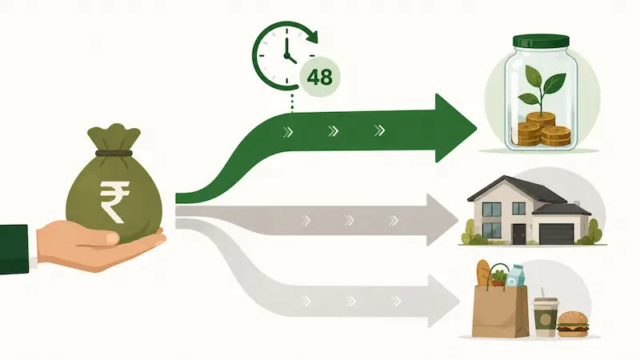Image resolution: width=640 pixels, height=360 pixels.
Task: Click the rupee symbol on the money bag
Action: pyautogui.click(x=114, y=202)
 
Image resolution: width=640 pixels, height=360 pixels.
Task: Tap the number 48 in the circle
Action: pyautogui.click(x=319, y=77)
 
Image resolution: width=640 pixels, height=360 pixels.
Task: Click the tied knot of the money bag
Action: pyautogui.click(x=114, y=153)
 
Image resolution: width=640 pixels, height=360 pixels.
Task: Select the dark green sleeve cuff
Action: pyautogui.click(x=14, y=249)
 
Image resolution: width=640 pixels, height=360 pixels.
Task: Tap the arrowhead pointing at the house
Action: pyautogui.click(x=442, y=220)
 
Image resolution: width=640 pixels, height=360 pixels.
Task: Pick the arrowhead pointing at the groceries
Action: pyautogui.click(x=443, y=301)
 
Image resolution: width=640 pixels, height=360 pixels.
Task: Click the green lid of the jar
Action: pyautogui.click(x=541, y=41)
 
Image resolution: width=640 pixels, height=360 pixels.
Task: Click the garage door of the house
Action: pyautogui.click(x=556, y=234)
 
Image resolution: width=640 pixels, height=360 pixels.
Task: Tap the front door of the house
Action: pyautogui.click(x=518, y=234)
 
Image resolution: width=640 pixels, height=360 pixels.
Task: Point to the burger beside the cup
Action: pyautogui.click(x=573, y=325)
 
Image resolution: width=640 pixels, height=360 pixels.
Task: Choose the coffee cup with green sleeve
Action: pyautogui.click(x=546, y=317)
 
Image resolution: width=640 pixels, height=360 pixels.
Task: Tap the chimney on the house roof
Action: pyautogui.click(x=577, y=204)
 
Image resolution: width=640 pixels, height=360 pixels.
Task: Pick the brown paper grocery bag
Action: pyautogui.click(x=499, y=311)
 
